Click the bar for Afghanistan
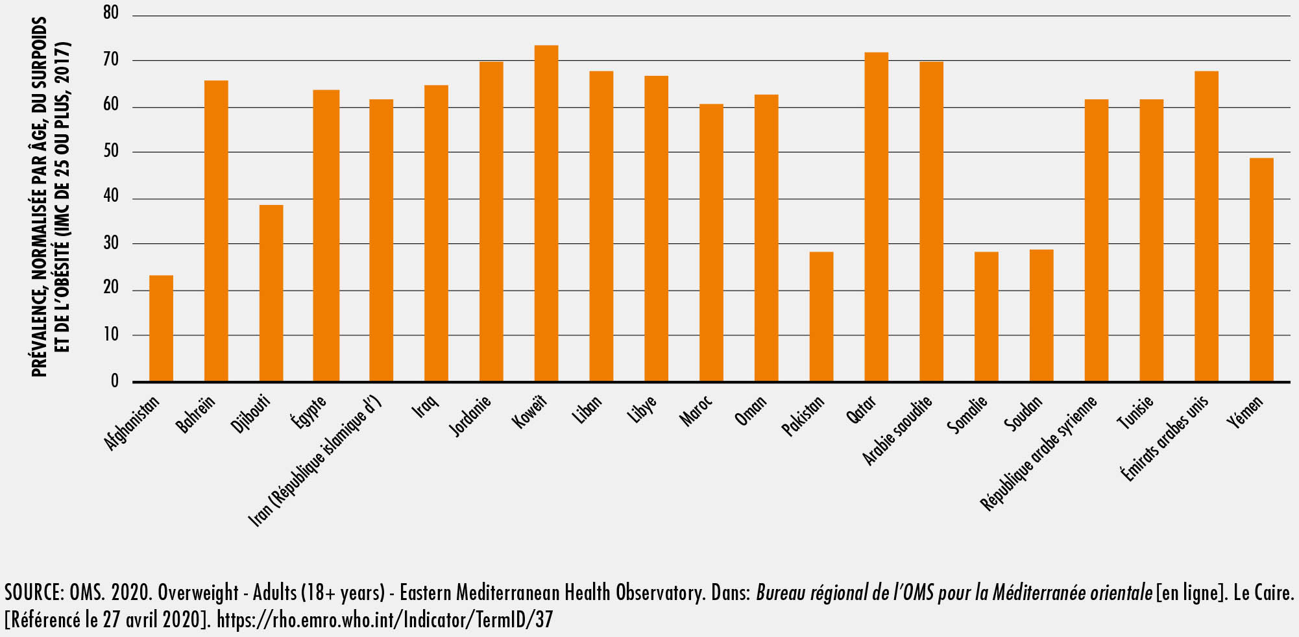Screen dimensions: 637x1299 161,328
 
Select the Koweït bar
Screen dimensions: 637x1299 546,213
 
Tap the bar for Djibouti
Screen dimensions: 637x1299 271,293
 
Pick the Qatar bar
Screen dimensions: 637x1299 876,217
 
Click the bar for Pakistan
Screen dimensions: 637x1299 821,317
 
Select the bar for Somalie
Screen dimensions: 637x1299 986,317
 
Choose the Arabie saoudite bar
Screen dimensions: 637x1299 931,221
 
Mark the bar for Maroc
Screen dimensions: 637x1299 711,243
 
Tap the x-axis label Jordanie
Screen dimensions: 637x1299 470,416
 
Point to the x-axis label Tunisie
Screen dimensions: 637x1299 1135,413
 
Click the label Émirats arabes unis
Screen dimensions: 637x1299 1165,439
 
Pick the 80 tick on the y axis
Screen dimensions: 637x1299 111,14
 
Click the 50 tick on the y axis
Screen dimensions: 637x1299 111,152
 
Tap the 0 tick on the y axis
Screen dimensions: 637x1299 115,381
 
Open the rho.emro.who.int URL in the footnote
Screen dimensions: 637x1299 384,620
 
